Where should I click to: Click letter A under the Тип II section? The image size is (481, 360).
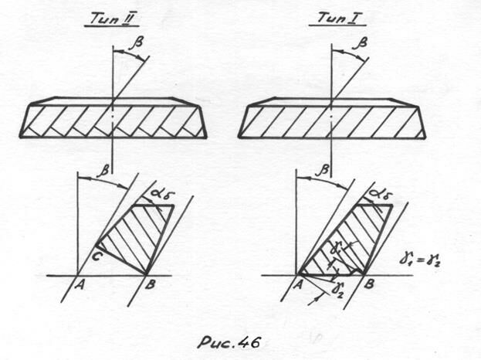(80, 284)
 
